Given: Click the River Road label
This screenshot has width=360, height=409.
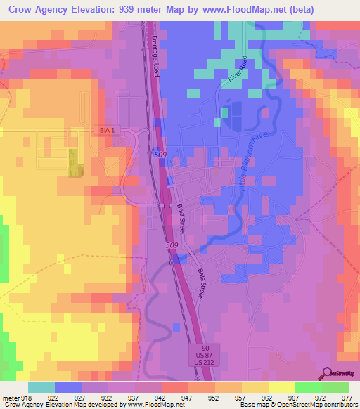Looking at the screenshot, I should click(236, 71).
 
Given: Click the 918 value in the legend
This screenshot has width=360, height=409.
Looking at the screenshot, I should click(25, 397).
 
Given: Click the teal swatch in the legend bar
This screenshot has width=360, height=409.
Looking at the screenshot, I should click(41, 387).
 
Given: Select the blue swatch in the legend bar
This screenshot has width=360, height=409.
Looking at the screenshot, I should click(68, 387).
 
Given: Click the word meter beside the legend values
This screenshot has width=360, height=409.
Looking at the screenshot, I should click(9, 397).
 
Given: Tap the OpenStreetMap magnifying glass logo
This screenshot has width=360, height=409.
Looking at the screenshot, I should click(326, 373).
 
